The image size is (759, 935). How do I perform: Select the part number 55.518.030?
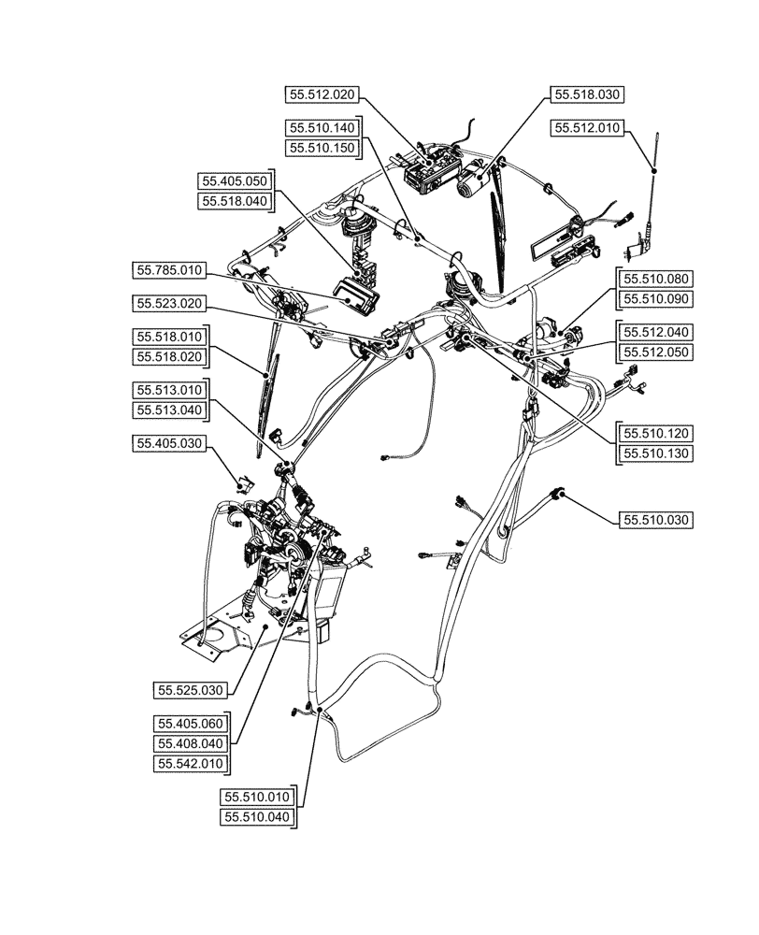[x=587, y=94]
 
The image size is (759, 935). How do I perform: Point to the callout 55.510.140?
[x=321, y=127]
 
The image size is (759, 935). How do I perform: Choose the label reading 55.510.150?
[x=321, y=149]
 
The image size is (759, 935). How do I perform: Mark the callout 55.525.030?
[x=192, y=691]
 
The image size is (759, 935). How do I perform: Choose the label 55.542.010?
[x=192, y=764]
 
